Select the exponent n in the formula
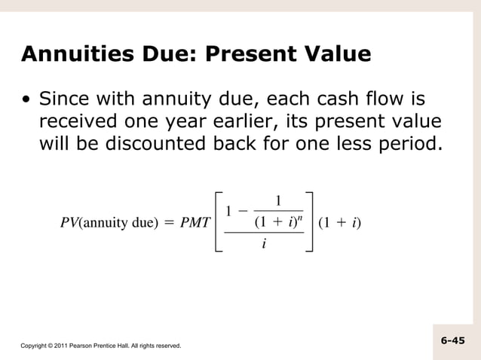300,215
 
